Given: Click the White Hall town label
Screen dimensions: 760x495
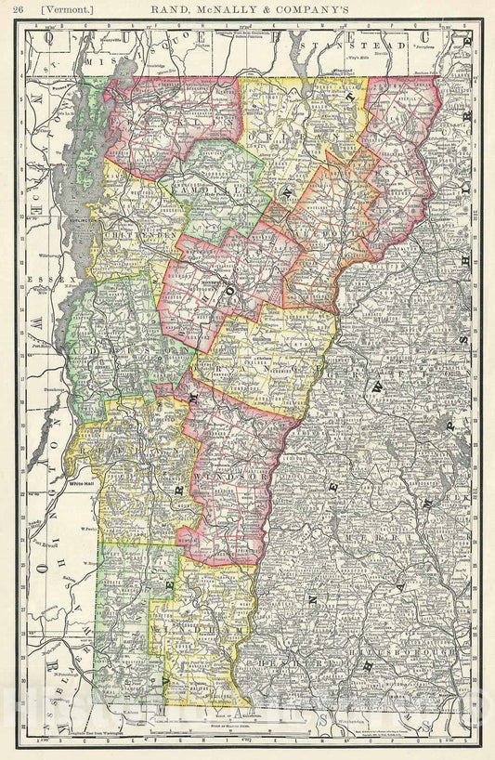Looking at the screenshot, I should (83, 483).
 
